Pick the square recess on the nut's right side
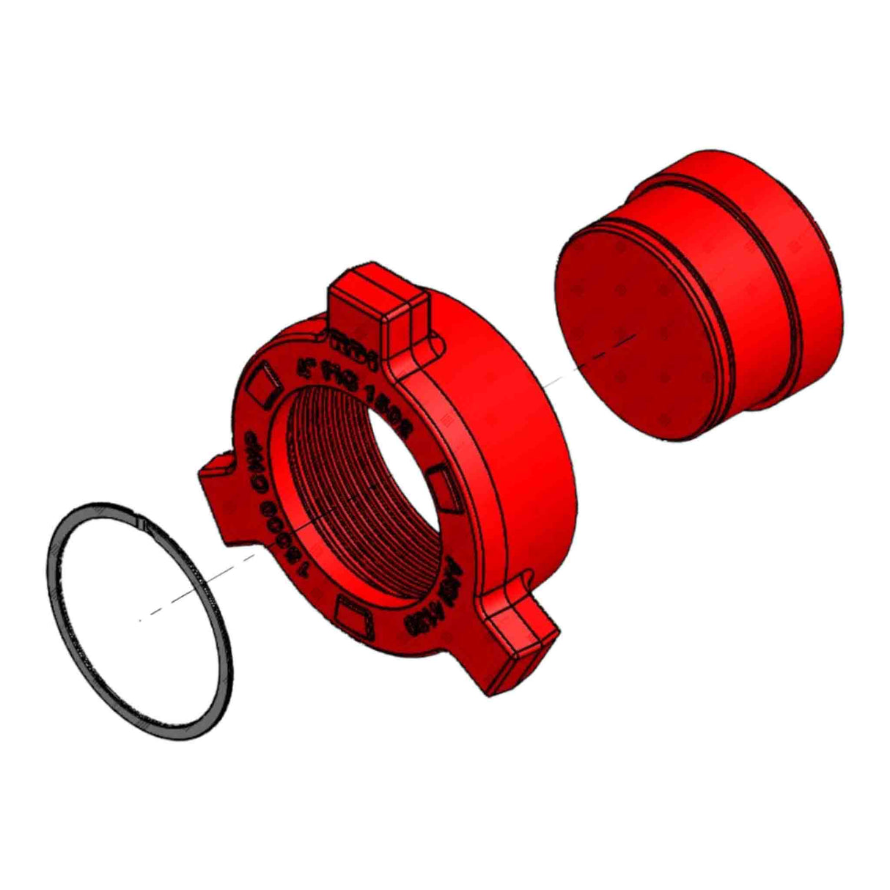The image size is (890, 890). (444, 484)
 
